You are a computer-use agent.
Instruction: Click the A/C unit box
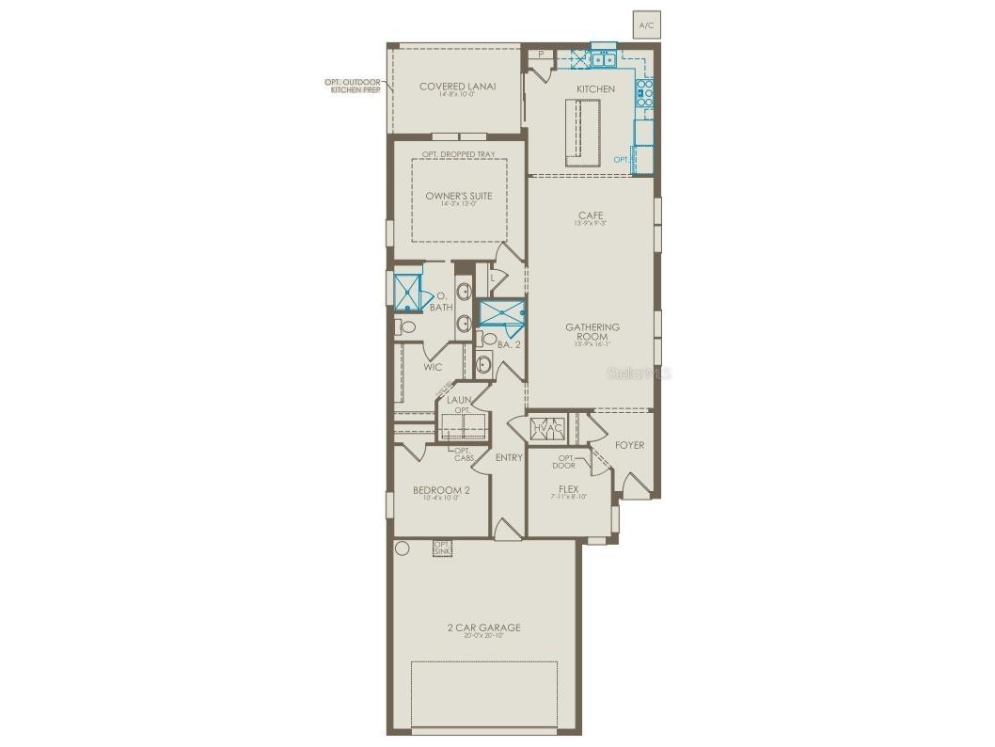pos(645,25)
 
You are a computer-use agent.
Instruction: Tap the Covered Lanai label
pos(457,87)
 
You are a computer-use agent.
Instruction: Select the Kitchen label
pos(595,89)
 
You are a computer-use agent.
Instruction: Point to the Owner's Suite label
pos(458,196)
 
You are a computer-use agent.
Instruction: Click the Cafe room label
pos(591,216)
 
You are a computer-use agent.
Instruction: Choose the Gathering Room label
pos(592,331)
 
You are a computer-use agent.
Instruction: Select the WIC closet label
pos(433,367)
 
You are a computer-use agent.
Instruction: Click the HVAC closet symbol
pos(546,428)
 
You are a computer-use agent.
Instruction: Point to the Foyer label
pos(629,445)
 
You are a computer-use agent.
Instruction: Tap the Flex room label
pos(568,489)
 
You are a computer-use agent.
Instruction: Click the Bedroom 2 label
pos(441,490)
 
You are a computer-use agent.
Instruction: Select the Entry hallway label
pos(509,458)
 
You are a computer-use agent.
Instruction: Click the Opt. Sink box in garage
pos(442,547)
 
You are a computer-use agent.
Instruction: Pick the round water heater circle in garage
pos(403,548)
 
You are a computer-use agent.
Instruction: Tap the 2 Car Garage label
pos(484,628)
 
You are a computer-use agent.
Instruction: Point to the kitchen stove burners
pos(645,91)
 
